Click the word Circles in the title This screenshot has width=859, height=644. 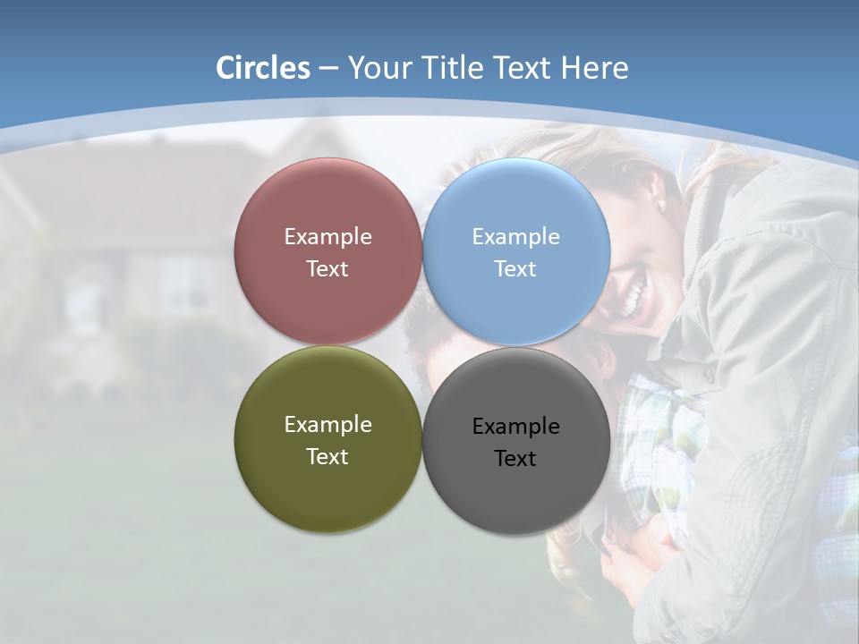click(263, 68)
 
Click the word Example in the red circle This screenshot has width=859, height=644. click(327, 237)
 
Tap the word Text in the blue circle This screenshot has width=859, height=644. click(515, 269)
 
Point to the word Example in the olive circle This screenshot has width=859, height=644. click(327, 425)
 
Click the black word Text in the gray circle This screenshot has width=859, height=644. click(515, 459)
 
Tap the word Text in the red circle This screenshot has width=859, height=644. click(327, 269)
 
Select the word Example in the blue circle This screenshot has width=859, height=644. click(515, 237)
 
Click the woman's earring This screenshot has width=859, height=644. click(662, 205)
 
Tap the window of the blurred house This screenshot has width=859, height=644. click(183, 286)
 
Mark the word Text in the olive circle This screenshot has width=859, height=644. click(327, 457)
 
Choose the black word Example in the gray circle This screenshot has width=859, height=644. click(515, 427)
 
